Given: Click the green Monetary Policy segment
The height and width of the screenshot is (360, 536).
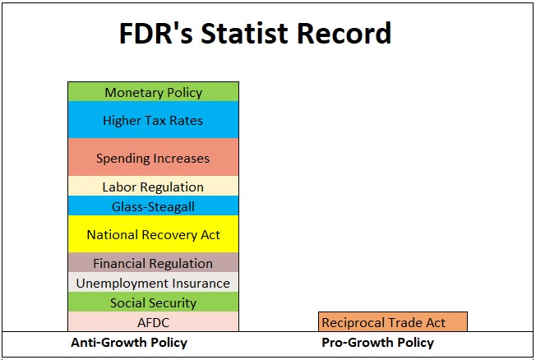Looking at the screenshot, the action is tap(153, 91).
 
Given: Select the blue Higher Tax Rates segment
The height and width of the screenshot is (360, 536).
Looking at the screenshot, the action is tap(153, 120).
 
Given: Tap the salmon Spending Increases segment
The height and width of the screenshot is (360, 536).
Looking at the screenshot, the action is tap(153, 157).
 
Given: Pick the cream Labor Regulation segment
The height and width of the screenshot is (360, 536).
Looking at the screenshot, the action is tap(153, 186).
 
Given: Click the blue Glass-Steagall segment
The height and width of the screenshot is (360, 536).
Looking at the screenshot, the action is tap(153, 205).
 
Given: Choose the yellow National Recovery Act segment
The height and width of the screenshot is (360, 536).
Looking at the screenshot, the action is tap(153, 234).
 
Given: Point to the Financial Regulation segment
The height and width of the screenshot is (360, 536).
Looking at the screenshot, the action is tap(153, 262).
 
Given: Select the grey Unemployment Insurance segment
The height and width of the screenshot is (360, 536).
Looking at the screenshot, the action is tap(153, 282).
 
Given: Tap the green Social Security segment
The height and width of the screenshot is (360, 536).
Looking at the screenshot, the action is tap(153, 302).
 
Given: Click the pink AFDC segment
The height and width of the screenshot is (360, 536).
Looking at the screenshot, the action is tap(153, 321).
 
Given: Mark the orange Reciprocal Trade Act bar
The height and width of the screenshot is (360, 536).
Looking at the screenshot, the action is tap(393, 321).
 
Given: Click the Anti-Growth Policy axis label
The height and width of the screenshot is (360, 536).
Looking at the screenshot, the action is tap(129, 343).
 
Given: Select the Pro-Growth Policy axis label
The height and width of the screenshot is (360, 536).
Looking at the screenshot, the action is tap(377, 343).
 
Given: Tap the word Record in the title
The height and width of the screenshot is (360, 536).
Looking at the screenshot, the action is tap(344, 33).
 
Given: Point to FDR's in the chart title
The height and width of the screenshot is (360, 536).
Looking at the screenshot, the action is tap(156, 33).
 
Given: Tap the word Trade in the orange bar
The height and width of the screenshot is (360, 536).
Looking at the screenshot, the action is tap(405, 323).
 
